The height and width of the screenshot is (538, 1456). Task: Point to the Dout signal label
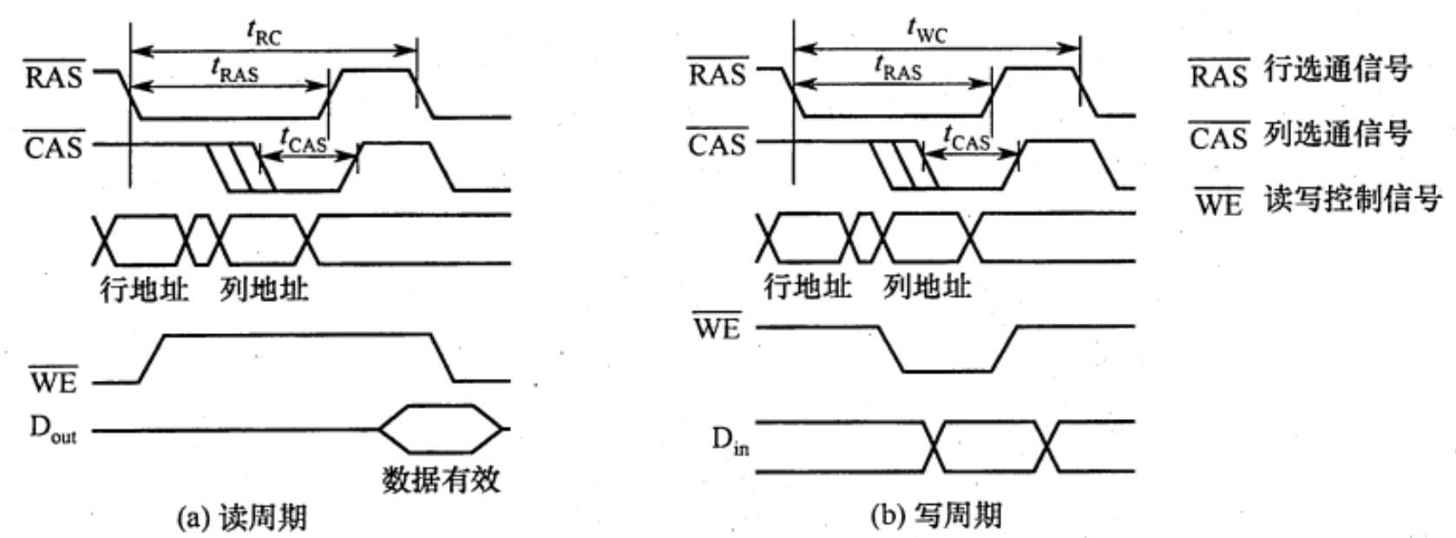tap(53, 430)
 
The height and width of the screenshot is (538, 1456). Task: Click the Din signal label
tap(730, 442)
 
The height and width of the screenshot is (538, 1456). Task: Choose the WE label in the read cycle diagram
tap(54, 381)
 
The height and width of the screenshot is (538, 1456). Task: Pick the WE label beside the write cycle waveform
tap(717, 328)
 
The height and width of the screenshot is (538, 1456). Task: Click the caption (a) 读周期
tap(241, 518)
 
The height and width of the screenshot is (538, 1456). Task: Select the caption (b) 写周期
tap(935, 516)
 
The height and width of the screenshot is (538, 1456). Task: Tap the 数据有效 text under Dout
tap(441, 479)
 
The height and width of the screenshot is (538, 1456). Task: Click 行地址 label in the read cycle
tap(143, 289)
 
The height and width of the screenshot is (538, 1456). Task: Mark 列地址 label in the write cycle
tap(927, 285)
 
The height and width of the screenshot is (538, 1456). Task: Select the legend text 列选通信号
tap(1337, 134)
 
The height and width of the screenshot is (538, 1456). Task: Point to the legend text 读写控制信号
tap(1352, 199)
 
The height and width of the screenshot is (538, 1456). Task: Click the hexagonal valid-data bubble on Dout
tap(441, 429)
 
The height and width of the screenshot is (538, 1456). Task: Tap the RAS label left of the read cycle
tap(54, 75)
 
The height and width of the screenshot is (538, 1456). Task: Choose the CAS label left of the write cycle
tap(717, 143)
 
